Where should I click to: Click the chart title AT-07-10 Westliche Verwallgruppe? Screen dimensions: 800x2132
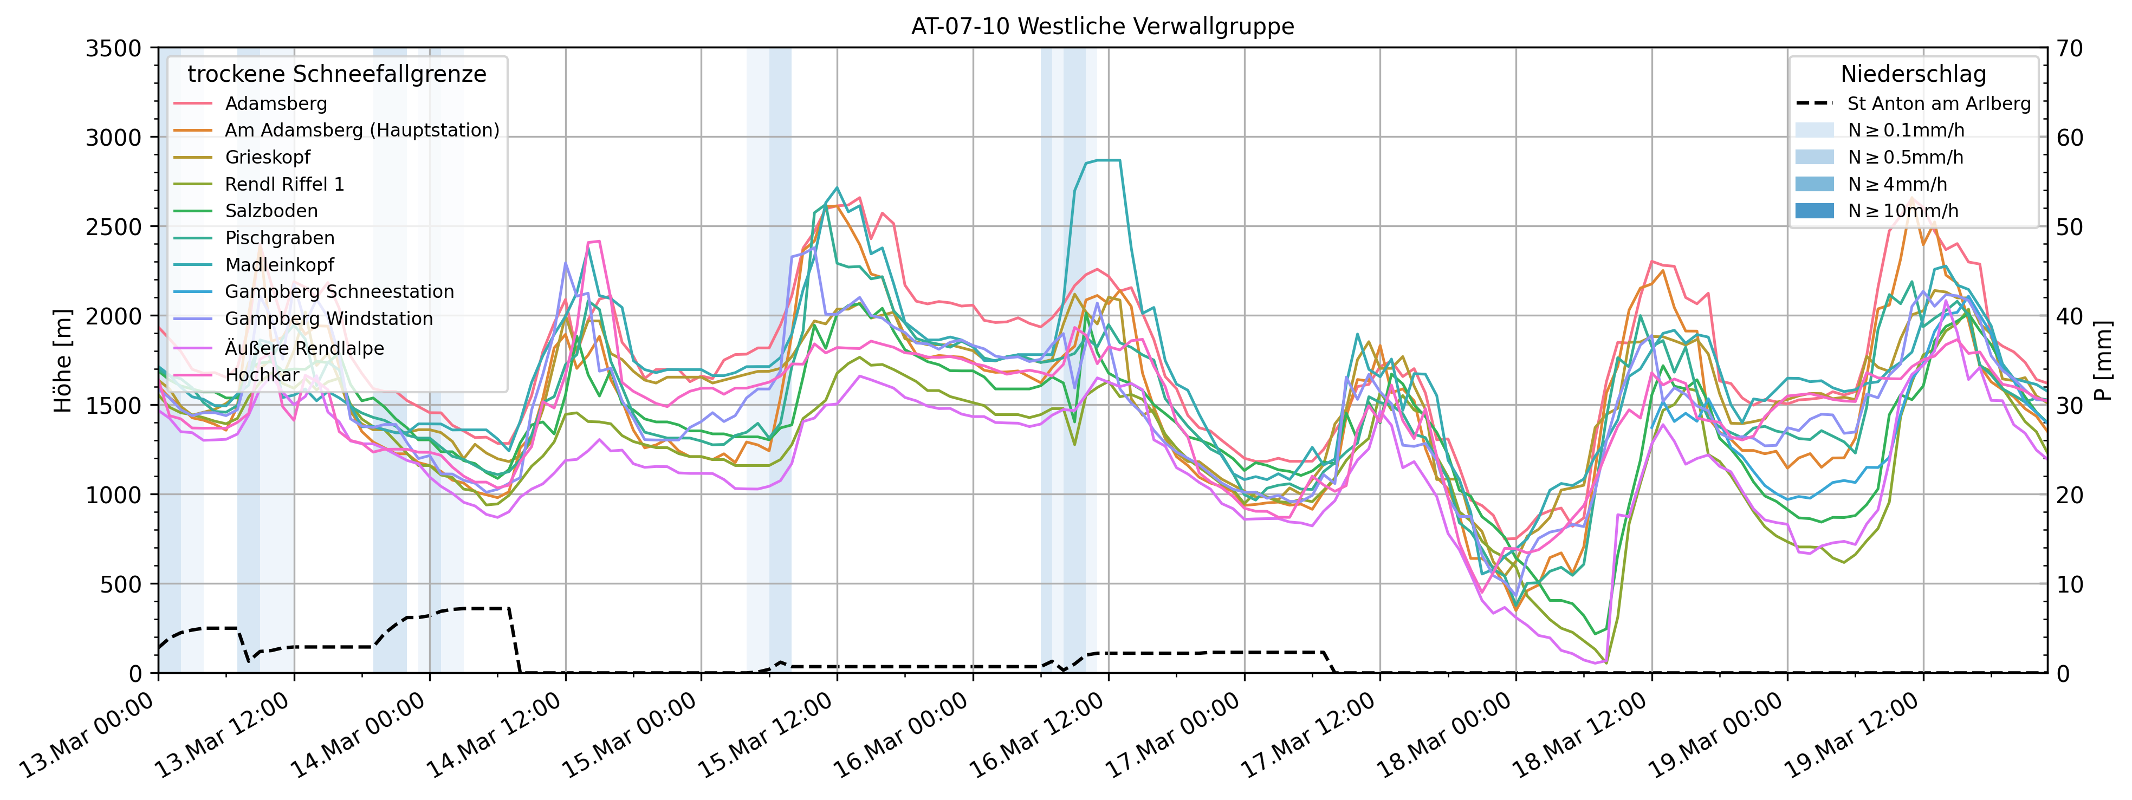[x=1103, y=27]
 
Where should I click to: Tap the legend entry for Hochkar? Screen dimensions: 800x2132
[x=262, y=375]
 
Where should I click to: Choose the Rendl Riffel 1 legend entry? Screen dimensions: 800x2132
[x=284, y=184]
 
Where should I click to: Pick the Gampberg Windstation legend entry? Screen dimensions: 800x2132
[x=328, y=318]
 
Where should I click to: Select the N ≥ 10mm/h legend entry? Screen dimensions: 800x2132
[x=1903, y=211]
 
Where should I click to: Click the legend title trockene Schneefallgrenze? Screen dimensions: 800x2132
[x=337, y=74]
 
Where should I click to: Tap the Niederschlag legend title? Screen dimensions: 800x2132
[x=1913, y=74]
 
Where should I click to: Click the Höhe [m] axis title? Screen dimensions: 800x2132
[x=63, y=361]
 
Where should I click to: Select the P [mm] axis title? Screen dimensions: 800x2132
[x=2104, y=361]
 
